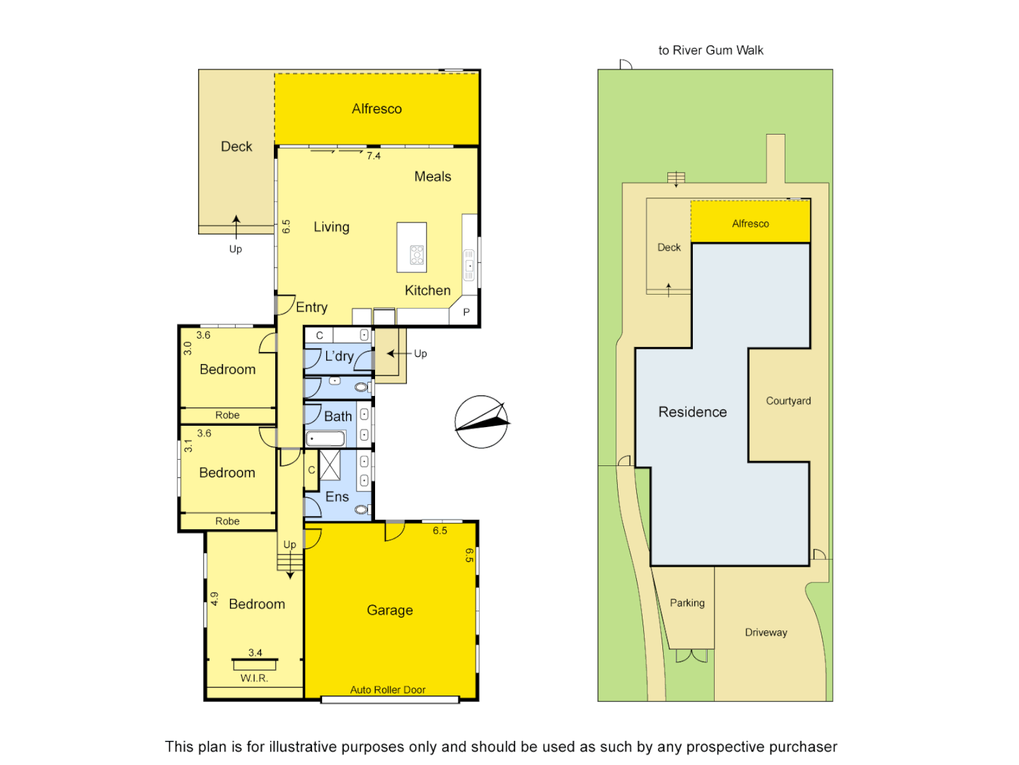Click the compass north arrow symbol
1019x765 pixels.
482,421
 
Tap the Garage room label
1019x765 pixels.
390,610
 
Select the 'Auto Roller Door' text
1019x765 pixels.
388,690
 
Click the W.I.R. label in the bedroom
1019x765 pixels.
254,678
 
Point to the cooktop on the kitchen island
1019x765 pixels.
417,255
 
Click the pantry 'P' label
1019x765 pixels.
466,312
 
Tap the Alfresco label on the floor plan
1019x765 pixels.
376,108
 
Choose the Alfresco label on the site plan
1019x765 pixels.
750,224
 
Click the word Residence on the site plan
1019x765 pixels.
692,412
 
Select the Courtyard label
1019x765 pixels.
788,401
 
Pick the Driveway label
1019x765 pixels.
766,633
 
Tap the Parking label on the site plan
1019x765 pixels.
687,603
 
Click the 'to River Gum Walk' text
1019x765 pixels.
710,50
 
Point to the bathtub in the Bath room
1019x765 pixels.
326,439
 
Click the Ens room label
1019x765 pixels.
338,497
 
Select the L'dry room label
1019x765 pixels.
339,356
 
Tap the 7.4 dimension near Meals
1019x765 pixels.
374,156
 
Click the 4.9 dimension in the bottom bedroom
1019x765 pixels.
214,599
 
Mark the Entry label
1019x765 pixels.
311,307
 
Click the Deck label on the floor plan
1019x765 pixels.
236,147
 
